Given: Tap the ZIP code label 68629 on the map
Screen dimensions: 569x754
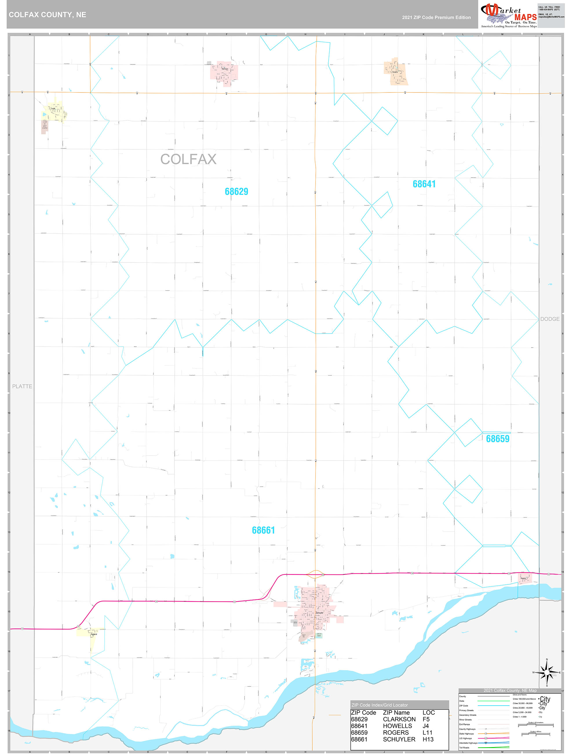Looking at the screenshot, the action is (236, 192).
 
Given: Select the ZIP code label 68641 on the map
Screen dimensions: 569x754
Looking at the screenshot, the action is (424, 184).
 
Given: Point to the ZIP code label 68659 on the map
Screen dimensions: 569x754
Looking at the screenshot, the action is (497, 439).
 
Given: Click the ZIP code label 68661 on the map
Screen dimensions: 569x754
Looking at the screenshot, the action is (263, 530).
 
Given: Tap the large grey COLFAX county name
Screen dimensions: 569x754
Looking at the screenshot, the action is (188, 159).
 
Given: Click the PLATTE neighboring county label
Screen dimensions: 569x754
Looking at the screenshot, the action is (22, 386).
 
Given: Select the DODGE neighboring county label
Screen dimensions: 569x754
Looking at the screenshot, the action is (550, 319).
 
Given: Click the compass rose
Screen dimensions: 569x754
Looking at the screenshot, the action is (547, 673).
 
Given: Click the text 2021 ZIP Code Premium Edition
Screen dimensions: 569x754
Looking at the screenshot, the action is (436, 17).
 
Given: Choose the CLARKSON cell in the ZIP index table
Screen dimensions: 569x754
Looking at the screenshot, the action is (399, 719).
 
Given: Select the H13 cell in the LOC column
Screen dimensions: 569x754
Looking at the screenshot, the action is (428, 739).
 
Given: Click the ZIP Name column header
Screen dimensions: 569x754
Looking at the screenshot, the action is (396, 713).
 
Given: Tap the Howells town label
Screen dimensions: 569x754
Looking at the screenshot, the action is (395, 72).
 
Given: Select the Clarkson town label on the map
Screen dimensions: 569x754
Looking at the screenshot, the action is (225, 69).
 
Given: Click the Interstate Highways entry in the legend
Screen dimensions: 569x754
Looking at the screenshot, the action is (468, 743).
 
